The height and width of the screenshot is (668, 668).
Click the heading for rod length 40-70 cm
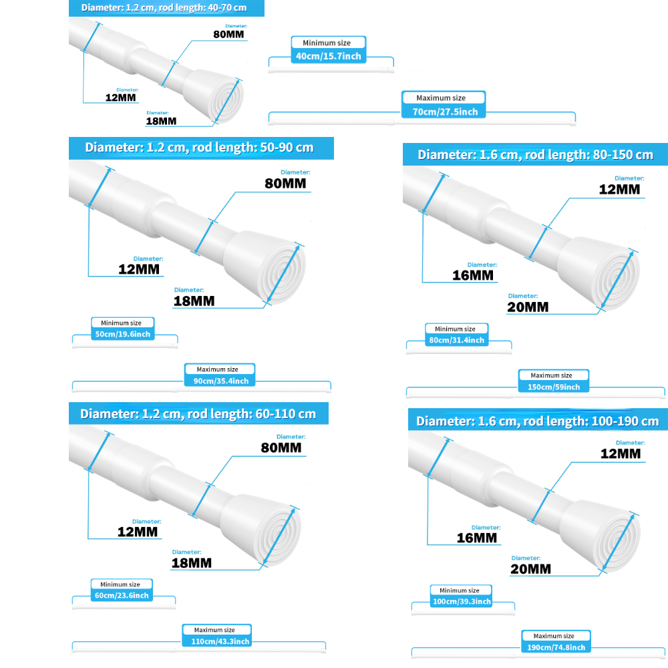coord(166,8)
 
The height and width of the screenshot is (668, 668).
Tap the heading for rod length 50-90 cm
coord(200,148)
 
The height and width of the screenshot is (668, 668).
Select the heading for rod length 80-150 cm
coord(535,154)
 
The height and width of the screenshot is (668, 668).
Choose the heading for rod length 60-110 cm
coord(198,413)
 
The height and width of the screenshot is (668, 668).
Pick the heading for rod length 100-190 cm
coord(537,421)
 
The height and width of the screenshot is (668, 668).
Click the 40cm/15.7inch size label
coord(328,56)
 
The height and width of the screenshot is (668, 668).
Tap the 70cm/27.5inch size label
coord(445,112)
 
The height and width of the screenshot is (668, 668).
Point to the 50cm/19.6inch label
coord(123,334)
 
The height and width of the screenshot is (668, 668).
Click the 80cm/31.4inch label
coord(456,340)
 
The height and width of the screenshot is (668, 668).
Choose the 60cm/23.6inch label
coord(122,595)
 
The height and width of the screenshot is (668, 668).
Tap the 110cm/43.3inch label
coord(217,641)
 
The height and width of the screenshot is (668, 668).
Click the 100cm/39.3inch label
coord(462,601)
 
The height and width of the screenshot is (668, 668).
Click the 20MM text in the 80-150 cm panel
coord(528,307)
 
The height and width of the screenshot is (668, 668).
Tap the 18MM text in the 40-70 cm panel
coord(161,121)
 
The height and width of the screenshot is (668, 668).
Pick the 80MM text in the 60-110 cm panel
coord(281,448)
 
